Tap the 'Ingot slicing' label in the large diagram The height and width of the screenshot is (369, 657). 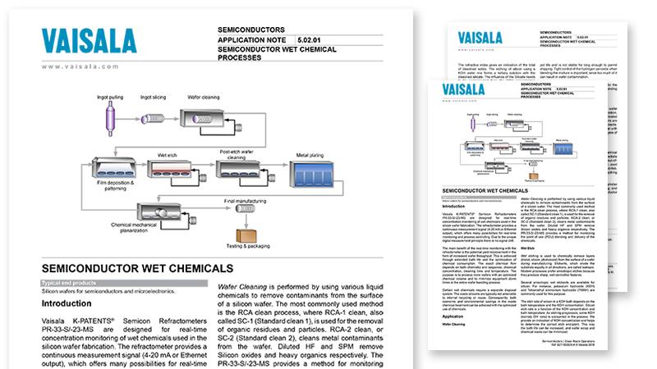[x=157, y=96]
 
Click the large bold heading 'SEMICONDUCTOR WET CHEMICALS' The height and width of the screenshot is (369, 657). [x=138, y=267]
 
